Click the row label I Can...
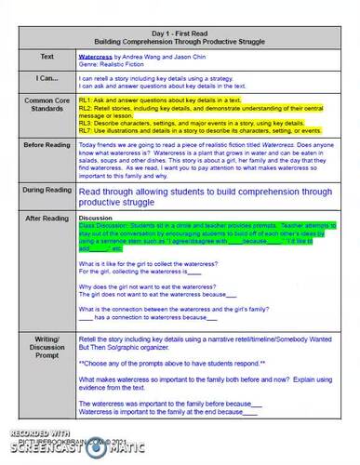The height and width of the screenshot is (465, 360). (41, 80)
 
